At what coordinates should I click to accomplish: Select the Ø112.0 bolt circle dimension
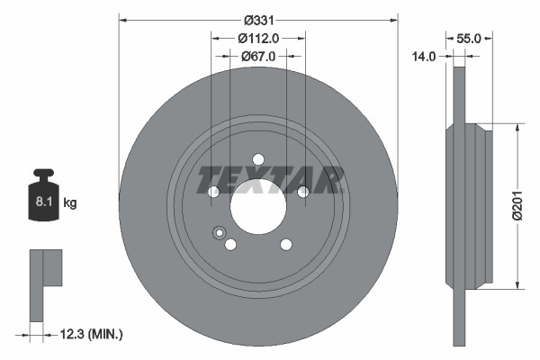[x=258, y=38]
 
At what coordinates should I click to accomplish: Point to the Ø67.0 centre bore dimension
[x=258, y=56]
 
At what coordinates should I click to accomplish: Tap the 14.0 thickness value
[x=424, y=56]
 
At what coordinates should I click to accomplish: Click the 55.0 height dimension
[x=470, y=39]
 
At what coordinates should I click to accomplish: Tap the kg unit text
[x=69, y=204]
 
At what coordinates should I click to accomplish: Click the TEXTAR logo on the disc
[x=270, y=180]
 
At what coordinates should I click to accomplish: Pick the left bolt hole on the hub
[x=214, y=191]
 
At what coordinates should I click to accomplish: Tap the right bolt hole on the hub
[x=302, y=191]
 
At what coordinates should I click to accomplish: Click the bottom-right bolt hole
[x=285, y=244]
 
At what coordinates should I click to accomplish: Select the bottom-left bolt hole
[x=230, y=244]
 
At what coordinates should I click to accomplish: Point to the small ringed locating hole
[x=218, y=234]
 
